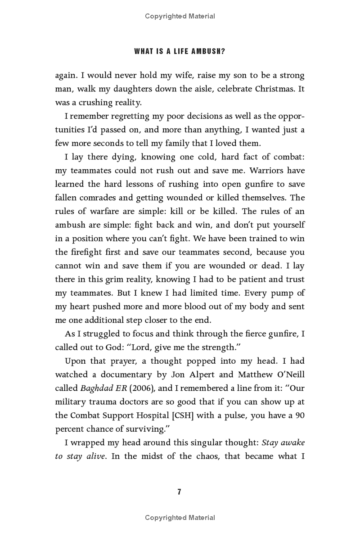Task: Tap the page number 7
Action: (x=179, y=492)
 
